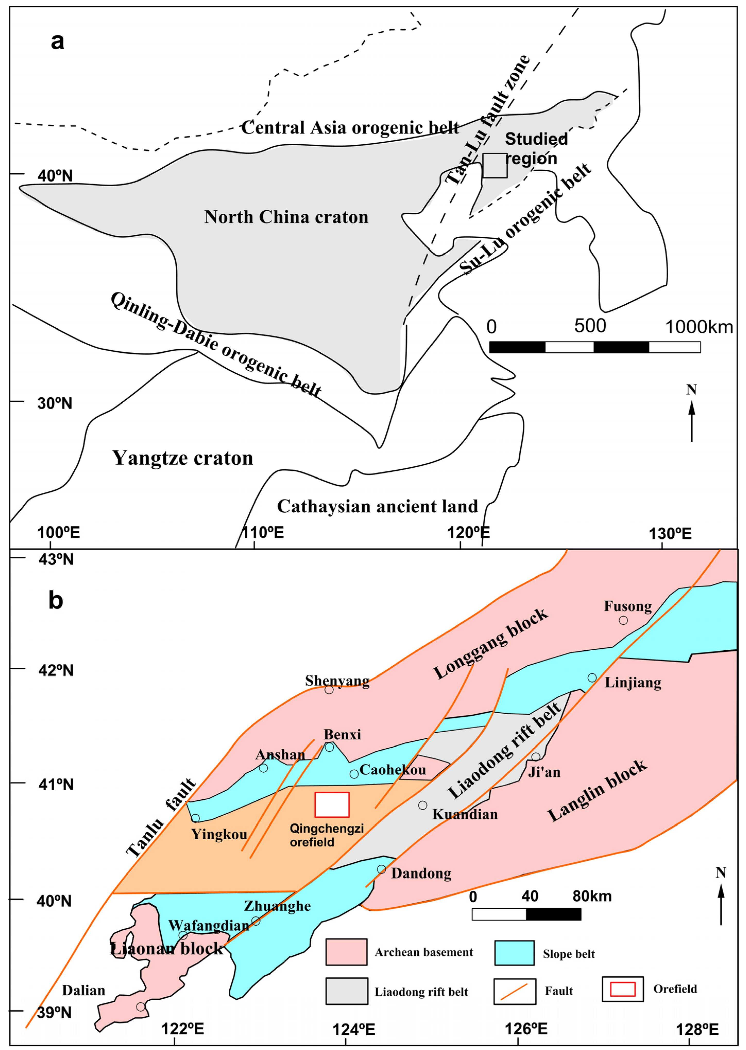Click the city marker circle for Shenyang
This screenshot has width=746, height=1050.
329,689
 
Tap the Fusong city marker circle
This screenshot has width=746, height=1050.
623,620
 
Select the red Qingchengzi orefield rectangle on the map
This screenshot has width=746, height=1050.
332,805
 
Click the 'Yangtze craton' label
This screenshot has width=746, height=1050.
183,458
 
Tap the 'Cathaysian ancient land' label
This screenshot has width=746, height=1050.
378,506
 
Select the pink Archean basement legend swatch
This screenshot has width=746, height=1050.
346,952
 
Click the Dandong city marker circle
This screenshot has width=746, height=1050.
381,869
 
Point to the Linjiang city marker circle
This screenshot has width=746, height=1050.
592,678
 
